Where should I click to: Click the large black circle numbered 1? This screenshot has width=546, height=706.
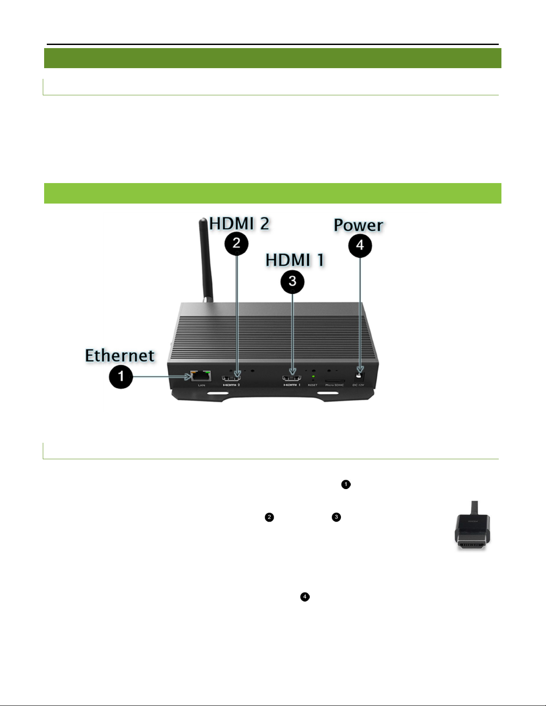121,377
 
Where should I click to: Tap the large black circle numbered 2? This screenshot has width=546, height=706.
237,243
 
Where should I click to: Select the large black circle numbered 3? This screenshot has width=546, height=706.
292,281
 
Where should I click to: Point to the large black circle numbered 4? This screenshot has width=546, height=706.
360,245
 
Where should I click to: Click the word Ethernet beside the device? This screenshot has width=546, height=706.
120,355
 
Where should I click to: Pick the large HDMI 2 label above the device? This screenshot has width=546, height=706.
239,224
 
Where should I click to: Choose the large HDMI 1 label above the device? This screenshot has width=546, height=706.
295,260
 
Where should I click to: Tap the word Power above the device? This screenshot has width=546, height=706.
358,225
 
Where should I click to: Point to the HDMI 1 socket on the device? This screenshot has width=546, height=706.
292,378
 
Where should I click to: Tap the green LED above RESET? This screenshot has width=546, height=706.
313,377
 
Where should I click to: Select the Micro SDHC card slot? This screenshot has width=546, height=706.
334,380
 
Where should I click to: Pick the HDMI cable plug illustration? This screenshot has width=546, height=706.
472,527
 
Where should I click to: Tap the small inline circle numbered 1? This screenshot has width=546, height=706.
346,484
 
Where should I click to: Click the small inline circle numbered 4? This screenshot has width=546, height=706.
305,597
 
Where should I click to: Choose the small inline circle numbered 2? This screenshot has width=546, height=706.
269,517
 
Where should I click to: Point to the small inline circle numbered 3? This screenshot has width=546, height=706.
336,517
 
